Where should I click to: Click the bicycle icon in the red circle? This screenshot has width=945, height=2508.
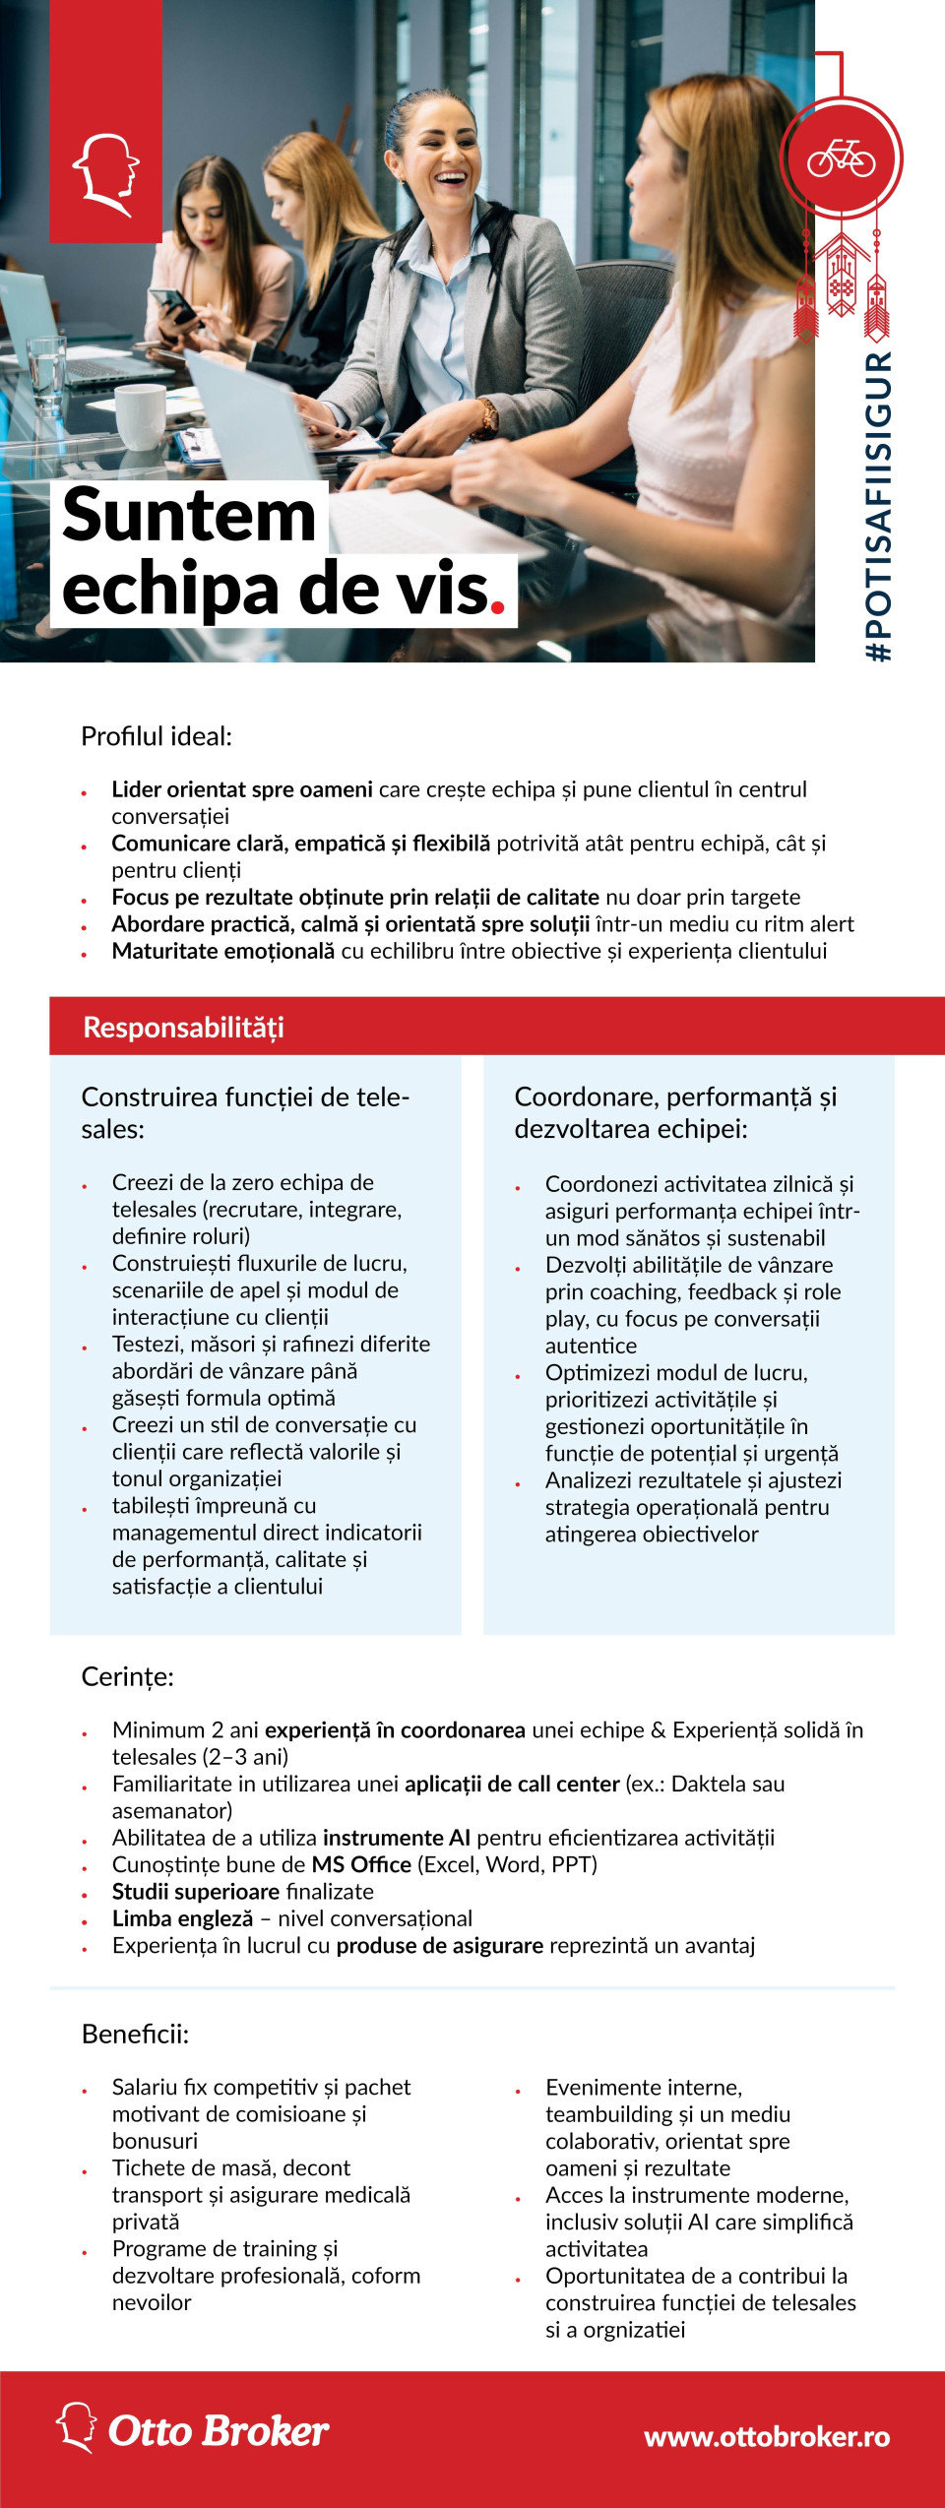click(841, 157)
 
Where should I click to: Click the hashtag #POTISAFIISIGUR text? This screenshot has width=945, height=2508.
click(877, 506)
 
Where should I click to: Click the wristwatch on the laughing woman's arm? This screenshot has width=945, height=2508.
click(485, 417)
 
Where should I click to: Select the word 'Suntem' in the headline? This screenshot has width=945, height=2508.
click(189, 516)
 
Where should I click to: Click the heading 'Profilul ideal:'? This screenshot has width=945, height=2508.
click(157, 736)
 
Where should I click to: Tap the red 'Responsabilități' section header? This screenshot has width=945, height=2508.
click(183, 1028)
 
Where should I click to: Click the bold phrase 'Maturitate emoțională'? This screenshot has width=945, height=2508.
click(222, 951)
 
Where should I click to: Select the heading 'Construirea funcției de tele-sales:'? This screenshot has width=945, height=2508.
click(245, 1112)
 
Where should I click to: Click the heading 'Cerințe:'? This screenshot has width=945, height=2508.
click(127, 1676)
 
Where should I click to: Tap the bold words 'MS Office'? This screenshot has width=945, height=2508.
click(361, 1864)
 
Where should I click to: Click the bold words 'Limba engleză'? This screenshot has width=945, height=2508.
click(182, 1918)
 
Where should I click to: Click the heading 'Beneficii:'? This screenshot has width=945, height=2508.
click(135, 2034)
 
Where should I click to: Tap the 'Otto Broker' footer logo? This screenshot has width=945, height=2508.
click(193, 2430)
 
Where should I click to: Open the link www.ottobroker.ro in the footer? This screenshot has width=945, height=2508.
click(767, 2437)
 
